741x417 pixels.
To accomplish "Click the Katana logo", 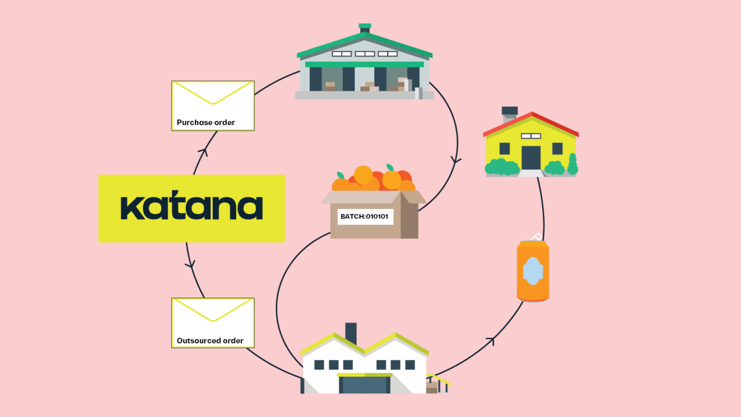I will pyautogui.click(x=191, y=208).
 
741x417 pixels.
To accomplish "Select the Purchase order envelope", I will pyautogui.click(x=213, y=105).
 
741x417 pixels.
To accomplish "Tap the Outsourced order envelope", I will pyautogui.click(x=213, y=322).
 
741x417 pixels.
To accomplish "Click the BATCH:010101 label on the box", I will pyautogui.click(x=365, y=217).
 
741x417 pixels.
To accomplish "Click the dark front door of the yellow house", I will pyautogui.click(x=531, y=157).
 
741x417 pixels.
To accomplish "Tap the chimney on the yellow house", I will pyautogui.click(x=509, y=112).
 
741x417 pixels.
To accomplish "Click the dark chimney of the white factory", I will pyautogui.click(x=351, y=333).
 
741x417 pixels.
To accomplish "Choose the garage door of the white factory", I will pyautogui.click(x=364, y=385).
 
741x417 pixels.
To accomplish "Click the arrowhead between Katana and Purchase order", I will pyautogui.click(x=205, y=151).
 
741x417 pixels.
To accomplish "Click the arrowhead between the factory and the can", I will pyautogui.click(x=492, y=340).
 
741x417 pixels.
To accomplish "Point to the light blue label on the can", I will pyautogui.click(x=533, y=271).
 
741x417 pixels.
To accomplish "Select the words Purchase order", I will pyautogui.click(x=206, y=123).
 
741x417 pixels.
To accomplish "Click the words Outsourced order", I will pyautogui.click(x=210, y=341).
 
